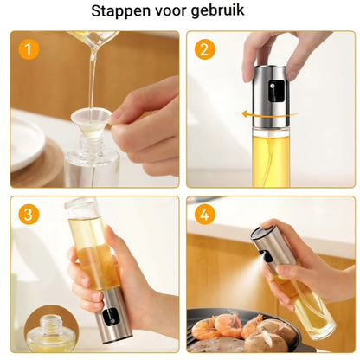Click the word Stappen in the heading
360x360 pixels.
(x=121, y=11)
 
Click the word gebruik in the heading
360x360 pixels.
(x=217, y=11)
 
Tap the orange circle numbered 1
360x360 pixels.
(x=29, y=49)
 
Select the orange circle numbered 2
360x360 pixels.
(x=205, y=49)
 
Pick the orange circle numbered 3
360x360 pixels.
(x=29, y=215)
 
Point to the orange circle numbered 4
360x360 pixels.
(x=205, y=215)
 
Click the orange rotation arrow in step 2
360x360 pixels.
(x=269, y=114)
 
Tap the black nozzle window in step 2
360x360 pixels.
(x=276, y=91)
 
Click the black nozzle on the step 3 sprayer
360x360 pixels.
(x=111, y=317)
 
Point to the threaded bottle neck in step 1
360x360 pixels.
(x=92, y=145)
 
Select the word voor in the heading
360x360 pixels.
(x=170, y=11)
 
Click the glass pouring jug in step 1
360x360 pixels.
(x=93, y=39)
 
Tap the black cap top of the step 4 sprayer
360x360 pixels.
(x=261, y=231)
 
